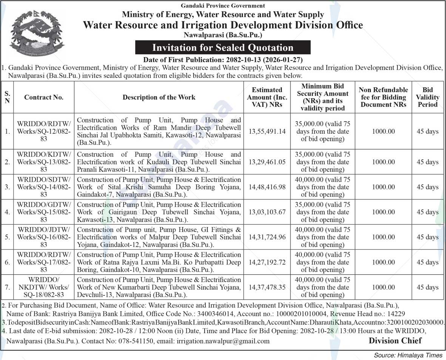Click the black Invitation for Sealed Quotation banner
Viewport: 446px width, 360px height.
(223, 48)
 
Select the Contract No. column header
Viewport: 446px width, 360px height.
(44, 97)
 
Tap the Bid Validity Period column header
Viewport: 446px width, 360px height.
(427, 97)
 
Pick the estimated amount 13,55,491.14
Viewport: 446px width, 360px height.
(267, 131)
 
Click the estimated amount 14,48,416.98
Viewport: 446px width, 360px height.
(267, 187)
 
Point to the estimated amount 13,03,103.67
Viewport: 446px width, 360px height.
(267, 212)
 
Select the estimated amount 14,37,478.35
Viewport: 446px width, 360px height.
(267, 287)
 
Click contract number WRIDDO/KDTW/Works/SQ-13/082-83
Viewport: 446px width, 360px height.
(44, 162)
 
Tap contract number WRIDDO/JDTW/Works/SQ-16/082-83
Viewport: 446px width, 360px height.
(44, 237)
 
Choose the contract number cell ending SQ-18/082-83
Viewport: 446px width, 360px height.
(44, 287)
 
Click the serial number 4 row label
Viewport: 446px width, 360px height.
(7, 212)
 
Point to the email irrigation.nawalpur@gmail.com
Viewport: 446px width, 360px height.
(223, 341)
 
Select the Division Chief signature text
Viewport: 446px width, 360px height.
(395, 341)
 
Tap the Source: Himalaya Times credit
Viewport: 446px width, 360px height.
(408, 355)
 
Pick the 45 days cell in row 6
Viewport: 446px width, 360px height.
(427, 262)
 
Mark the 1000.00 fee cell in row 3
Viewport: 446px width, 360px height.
(383, 187)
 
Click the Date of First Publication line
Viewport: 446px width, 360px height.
(223, 60)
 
